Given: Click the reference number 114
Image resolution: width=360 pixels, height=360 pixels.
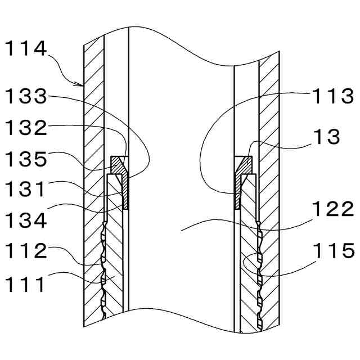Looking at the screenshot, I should [25, 49].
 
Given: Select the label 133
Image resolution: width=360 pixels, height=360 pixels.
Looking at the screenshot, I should [25, 96].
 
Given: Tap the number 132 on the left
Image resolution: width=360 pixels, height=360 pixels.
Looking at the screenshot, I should [25, 128].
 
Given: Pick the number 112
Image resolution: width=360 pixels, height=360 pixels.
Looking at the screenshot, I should [25, 251].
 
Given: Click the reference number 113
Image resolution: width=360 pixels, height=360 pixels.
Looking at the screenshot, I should [334, 96].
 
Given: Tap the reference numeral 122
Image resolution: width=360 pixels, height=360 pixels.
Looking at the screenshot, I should [334, 209].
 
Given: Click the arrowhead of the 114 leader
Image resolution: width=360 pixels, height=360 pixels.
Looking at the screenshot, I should [81, 85].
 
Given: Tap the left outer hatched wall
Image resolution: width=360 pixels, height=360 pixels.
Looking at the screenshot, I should [93, 141].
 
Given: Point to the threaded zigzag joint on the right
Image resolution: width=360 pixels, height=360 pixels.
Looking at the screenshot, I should [259, 270].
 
